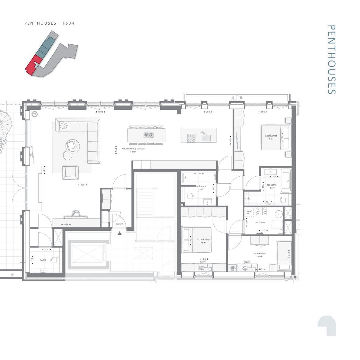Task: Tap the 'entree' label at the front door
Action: [x=119, y=224]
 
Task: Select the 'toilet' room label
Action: [x=43, y=260]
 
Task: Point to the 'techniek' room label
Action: [x=260, y=222]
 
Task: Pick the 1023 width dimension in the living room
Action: [x=100, y=112]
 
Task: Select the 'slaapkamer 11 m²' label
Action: [x=260, y=254]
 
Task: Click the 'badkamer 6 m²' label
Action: [x=272, y=186]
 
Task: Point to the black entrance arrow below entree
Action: [x=120, y=233]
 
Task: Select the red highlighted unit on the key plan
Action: [x=31, y=65]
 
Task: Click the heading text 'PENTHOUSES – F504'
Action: [x=50, y=23]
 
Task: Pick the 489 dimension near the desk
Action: [x=66, y=224]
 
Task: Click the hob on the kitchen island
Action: [x=192, y=138]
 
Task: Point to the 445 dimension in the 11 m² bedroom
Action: [x=260, y=269]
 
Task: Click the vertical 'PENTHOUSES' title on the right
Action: [x=331, y=60]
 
